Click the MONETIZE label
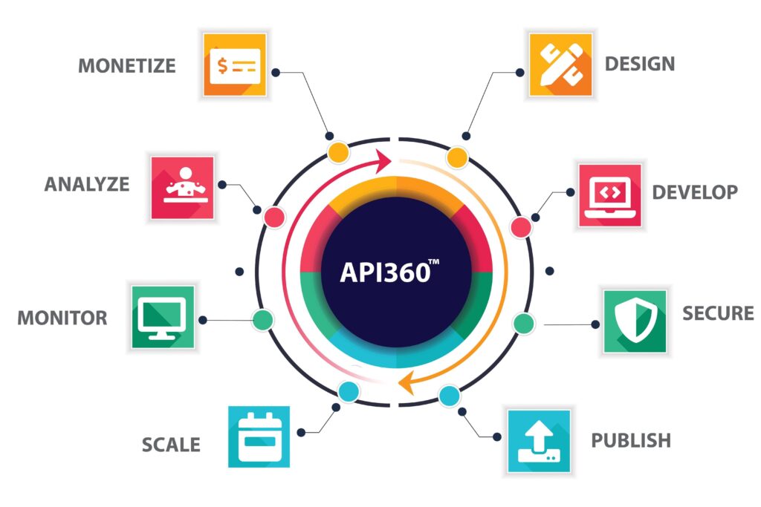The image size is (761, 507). coord(126,66)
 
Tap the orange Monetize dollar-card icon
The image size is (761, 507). coord(235,65)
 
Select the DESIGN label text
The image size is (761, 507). coord(640,64)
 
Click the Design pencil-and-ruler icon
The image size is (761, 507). coord(560,65)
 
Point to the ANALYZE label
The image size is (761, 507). coord(87,184)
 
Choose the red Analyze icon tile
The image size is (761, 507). coord(183,188)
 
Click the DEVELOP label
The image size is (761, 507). coord(695,192)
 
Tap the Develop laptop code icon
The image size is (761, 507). coord(610,195)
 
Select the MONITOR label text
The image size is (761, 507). coord(62,318)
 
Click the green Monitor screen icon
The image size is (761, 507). coord(163,317)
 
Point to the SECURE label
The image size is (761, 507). coord(719,313)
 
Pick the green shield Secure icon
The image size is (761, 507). coord(635,321)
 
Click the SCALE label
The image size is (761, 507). coord(171,445)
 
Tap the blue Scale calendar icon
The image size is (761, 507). coord(259,436)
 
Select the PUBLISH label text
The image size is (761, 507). coord(631,441)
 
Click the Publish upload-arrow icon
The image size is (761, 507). coord(540,441)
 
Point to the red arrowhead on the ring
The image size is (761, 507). coord(383,160)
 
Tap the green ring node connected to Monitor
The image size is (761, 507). coord(263,320)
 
